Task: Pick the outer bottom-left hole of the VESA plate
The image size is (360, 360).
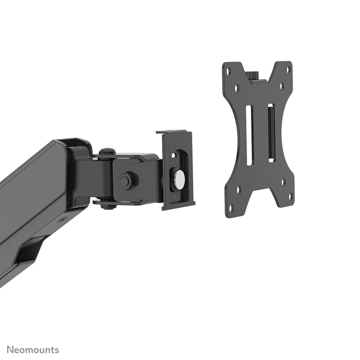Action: pyautogui.click(x=231, y=207)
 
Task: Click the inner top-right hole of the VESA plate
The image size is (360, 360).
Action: pyautogui.click(x=282, y=85)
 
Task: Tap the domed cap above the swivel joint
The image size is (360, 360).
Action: pyautogui.click(x=104, y=151)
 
